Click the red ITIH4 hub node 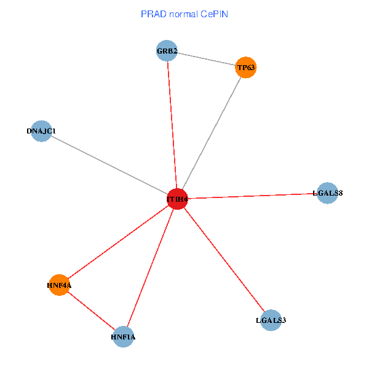coord(177,199)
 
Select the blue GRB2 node coord(167,51)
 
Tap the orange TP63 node coord(246,67)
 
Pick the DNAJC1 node coord(41,131)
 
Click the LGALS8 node coord(327,193)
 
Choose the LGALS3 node coord(271,320)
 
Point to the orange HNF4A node coord(60,285)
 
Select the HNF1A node coord(124,336)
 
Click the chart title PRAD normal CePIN coord(184,14)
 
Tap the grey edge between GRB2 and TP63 coord(207,59)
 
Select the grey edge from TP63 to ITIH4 coord(212,133)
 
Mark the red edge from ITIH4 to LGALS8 coord(252,196)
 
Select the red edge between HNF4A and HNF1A coord(92,311)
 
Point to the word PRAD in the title coord(152,14)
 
